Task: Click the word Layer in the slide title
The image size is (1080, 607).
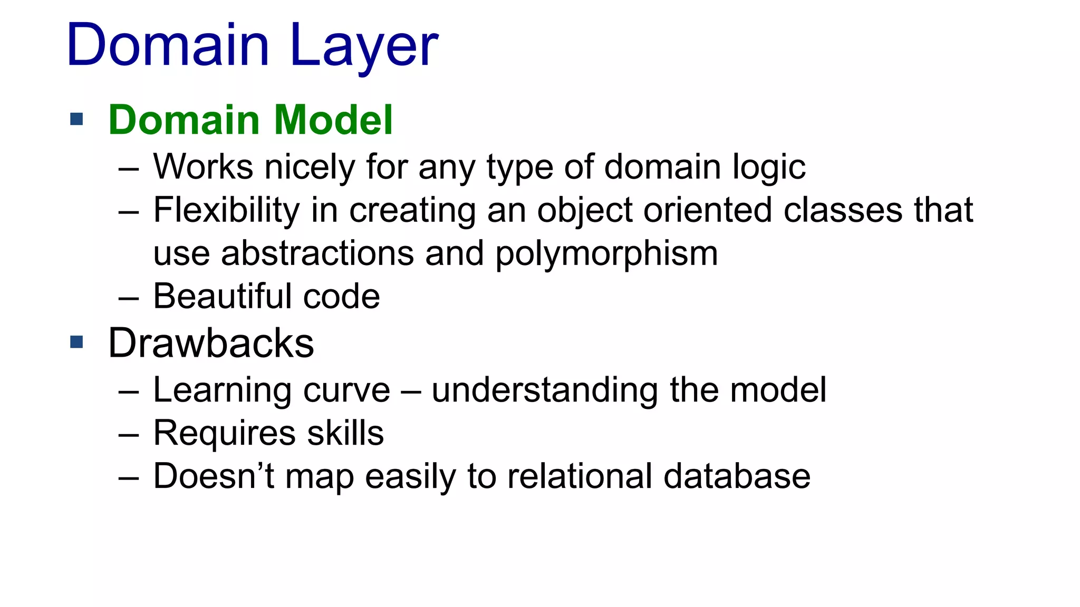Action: pos(364,46)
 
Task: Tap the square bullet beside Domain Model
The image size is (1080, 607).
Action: pos(77,119)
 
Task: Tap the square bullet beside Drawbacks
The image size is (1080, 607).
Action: pos(77,342)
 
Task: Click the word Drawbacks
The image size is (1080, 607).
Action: pos(211,344)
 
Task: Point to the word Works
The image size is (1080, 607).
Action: pos(203,167)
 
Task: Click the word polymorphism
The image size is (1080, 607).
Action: pos(606,254)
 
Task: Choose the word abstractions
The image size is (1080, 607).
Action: pos(317,253)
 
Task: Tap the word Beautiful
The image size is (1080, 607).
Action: pos(222,296)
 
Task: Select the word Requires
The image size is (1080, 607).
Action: pos(225,434)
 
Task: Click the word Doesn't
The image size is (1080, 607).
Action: pos(214,476)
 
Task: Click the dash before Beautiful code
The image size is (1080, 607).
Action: pos(129,298)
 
